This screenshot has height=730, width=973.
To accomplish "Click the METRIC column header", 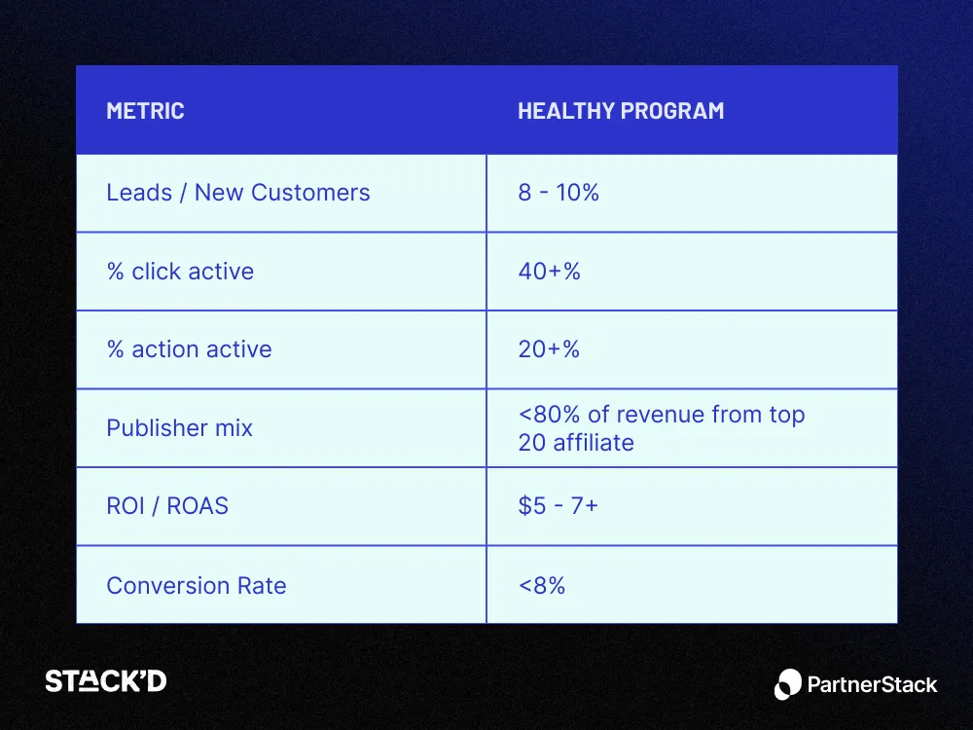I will (x=145, y=111).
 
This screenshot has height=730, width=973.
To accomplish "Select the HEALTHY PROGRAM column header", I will (x=620, y=111).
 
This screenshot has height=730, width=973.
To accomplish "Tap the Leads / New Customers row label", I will (x=237, y=193).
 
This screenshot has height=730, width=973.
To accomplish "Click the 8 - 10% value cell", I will (x=558, y=193).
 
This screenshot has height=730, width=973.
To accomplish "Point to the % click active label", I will (x=179, y=272).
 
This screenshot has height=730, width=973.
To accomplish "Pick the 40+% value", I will (x=549, y=272).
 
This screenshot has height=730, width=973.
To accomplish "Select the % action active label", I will (x=189, y=349).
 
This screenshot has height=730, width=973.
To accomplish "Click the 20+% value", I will (x=549, y=349).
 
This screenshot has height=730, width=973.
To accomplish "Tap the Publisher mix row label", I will (x=179, y=428).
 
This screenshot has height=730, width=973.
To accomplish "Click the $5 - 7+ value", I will (x=558, y=507).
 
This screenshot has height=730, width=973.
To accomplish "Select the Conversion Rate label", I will (x=196, y=586).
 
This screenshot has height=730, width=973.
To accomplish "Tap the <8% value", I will (x=541, y=586).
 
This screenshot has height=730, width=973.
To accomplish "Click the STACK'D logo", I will (x=105, y=681).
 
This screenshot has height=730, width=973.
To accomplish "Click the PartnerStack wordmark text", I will (x=872, y=684).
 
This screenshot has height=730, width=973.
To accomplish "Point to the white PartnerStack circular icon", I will (x=788, y=684).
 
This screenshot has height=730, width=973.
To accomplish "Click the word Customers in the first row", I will (x=309, y=193).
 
